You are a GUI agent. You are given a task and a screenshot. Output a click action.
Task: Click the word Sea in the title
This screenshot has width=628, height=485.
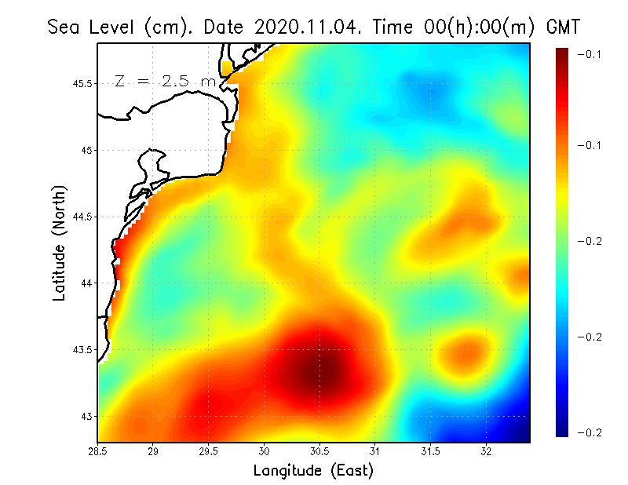(x=64, y=27)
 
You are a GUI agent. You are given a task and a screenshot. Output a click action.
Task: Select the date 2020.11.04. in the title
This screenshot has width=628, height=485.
(x=303, y=27)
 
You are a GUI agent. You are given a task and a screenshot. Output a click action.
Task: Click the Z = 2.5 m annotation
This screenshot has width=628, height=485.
(x=164, y=82)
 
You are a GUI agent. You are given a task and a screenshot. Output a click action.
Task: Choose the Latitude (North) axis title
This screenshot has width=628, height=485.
(x=59, y=243)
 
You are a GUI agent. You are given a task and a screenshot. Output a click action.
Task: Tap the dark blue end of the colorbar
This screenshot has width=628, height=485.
(x=561, y=428)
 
